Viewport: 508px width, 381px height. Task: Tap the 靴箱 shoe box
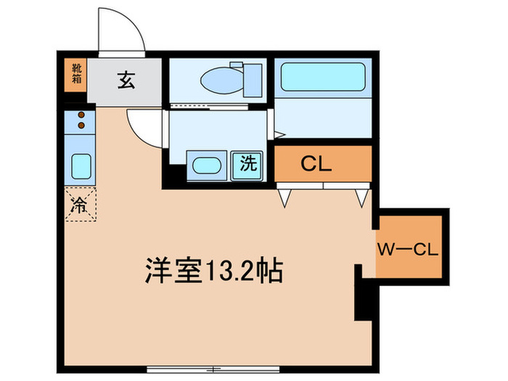click(75, 75)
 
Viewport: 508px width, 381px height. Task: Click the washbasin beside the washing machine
click(205, 164)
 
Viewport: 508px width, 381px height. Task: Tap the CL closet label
click(316, 163)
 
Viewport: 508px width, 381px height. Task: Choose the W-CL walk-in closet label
click(406, 251)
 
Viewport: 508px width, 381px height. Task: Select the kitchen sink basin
click(80, 167)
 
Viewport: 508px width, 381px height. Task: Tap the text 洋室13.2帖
click(213, 271)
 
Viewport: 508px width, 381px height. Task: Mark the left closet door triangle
click(285, 197)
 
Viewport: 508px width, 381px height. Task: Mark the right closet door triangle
click(361, 197)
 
